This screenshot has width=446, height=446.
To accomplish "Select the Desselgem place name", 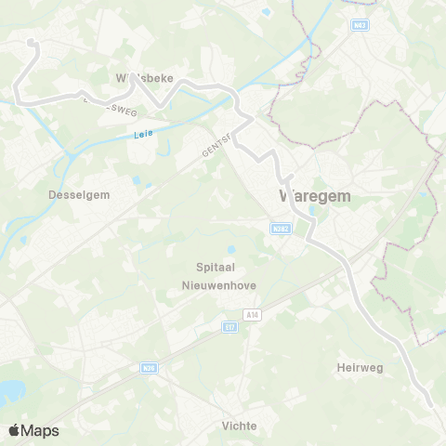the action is tap(72, 195).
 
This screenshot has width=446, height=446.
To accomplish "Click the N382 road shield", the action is tap(281, 228).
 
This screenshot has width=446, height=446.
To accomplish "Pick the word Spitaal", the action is tap(213, 267).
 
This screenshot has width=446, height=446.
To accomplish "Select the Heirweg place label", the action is tap(360, 368).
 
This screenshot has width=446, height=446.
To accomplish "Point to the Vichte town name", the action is tap(240, 426).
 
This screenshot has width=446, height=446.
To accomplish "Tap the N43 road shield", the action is tap(361, 24).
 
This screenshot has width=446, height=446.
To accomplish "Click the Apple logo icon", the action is tap(14, 430).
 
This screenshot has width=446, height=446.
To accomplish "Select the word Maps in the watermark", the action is tap(41, 430).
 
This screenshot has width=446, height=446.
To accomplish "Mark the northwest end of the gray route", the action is tap(31, 42).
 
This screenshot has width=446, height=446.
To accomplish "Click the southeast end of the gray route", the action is tap(430, 404).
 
